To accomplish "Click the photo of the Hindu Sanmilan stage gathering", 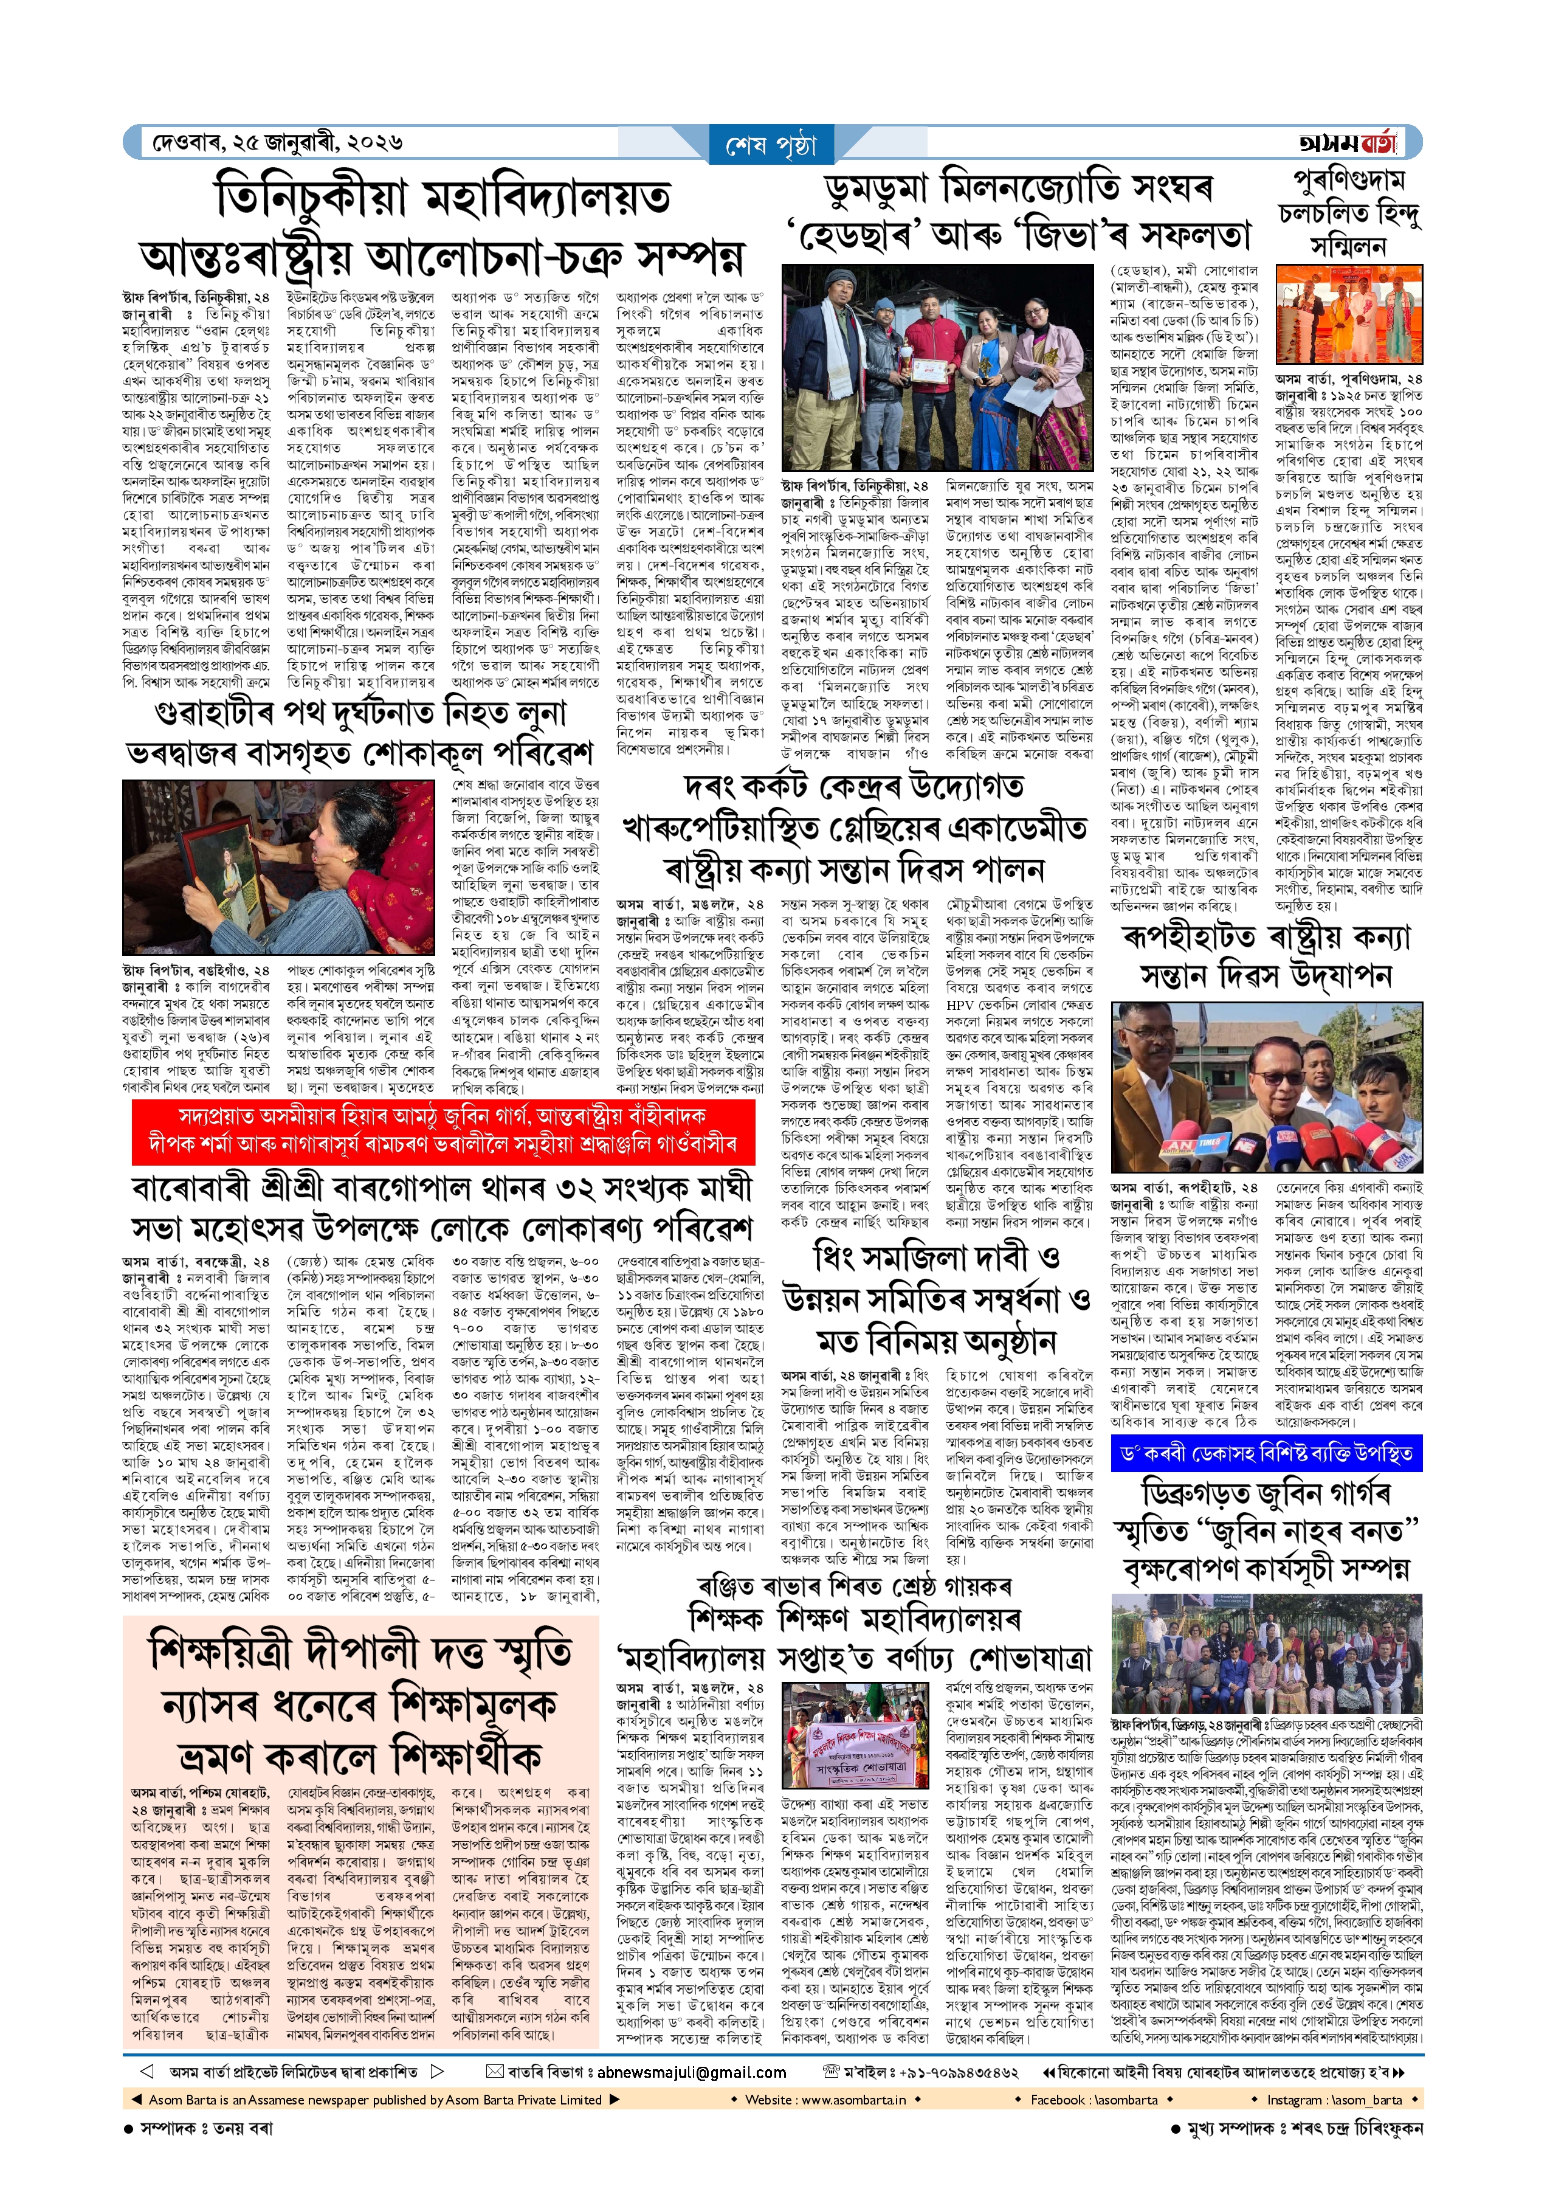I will click(1349, 315).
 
